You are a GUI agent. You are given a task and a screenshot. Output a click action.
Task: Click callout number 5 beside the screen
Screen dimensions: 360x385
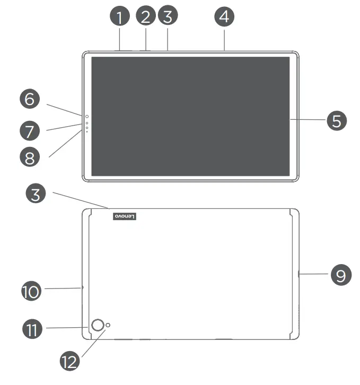pyautogui.click(x=336, y=120)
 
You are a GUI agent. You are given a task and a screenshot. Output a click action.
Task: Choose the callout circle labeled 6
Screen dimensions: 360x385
pyautogui.click(x=30, y=99)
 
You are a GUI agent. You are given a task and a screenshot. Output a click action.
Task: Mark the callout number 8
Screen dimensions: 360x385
pyautogui.click(x=30, y=156)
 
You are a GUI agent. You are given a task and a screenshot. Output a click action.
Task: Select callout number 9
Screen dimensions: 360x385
pyautogui.click(x=341, y=275)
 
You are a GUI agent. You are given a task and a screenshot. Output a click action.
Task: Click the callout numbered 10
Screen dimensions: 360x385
pyautogui.click(x=31, y=291)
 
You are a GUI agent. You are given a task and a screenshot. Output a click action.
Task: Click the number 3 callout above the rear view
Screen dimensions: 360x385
pyautogui.click(x=36, y=193)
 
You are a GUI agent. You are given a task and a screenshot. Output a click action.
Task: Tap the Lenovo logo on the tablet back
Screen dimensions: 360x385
pyautogui.click(x=126, y=216)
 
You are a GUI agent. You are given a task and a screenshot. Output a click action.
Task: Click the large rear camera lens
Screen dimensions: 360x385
pyautogui.click(x=98, y=326)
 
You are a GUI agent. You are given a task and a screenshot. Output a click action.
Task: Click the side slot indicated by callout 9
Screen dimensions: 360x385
pyautogui.click(x=299, y=274)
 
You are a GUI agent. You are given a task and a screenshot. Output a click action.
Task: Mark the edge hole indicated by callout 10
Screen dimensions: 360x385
pyautogui.click(x=83, y=287)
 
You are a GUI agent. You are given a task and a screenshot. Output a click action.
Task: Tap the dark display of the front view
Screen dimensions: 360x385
pyautogui.click(x=191, y=117)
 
